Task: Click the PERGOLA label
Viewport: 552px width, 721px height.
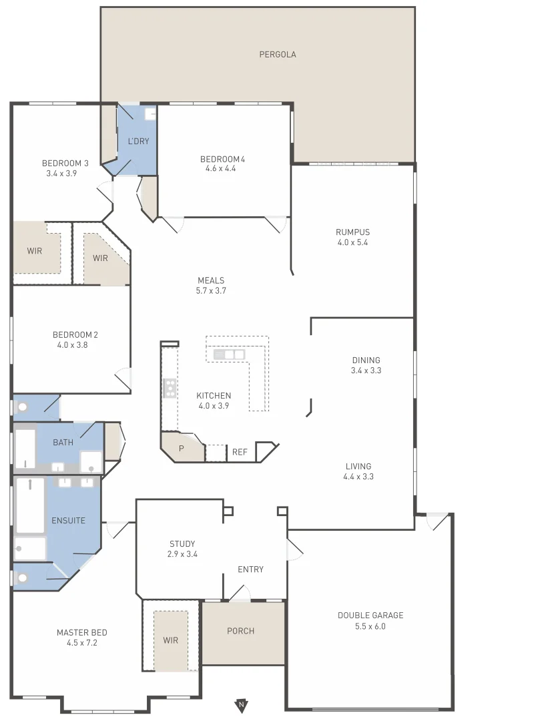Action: tap(278, 55)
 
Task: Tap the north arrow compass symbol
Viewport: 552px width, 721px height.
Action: tap(241, 704)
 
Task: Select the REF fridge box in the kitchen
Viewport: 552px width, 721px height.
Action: tap(240, 453)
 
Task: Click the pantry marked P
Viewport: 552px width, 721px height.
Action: tap(181, 449)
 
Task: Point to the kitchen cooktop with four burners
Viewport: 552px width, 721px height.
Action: tap(170, 388)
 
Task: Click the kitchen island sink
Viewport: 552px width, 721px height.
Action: tap(229, 354)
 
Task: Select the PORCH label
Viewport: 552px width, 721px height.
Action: tap(240, 631)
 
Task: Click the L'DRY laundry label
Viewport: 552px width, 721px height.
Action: tap(138, 141)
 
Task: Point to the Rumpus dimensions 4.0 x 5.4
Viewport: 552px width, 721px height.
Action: tap(352, 242)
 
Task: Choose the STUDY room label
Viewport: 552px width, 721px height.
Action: tap(182, 544)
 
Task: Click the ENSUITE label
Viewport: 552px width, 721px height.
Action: tap(68, 520)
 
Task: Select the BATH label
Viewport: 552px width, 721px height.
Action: tap(63, 443)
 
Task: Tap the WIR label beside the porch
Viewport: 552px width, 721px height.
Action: tap(171, 640)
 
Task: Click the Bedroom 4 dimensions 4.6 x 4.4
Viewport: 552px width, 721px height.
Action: tap(221, 169)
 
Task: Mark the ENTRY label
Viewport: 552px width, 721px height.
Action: tap(250, 569)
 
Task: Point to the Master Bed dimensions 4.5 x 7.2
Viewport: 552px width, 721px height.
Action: tap(81, 643)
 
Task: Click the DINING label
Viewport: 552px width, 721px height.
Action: tap(366, 360)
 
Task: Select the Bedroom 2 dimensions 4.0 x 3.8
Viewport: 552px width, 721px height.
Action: tap(73, 345)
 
